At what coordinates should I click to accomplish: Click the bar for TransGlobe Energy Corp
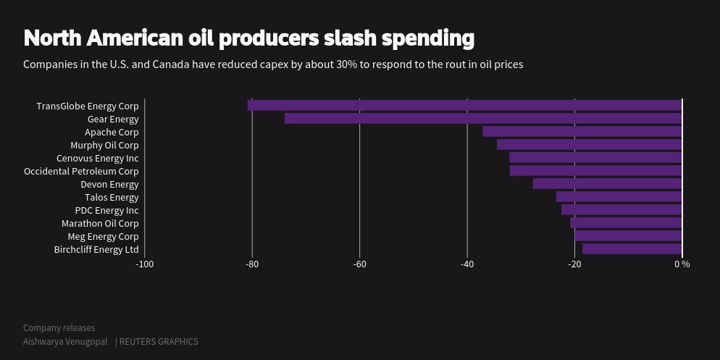tap(464, 106)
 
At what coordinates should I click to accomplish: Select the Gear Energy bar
tap(483, 119)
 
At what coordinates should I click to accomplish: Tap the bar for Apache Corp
tap(582, 132)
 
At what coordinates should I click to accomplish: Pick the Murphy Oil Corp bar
tap(590, 145)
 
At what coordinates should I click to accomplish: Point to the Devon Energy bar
tap(608, 184)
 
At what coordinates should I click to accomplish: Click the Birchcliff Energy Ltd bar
tap(632, 249)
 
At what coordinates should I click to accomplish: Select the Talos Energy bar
tap(619, 197)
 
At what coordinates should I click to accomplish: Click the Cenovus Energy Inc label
tap(97, 158)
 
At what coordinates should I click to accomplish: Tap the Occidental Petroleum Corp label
tap(81, 171)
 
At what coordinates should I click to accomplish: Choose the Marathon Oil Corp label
tap(100, 223)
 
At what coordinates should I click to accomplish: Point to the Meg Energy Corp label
tap(103, 236)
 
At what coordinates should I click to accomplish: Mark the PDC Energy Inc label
tap(106, 210)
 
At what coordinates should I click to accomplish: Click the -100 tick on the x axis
tap(145, 264)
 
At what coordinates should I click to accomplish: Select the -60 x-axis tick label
tap(359, 264)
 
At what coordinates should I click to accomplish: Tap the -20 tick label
tap(574, 264)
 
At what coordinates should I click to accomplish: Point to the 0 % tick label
tap(682, 264)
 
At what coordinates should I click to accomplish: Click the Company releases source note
tap(59, 328)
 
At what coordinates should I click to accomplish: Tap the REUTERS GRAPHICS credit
tap(159, 342)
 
